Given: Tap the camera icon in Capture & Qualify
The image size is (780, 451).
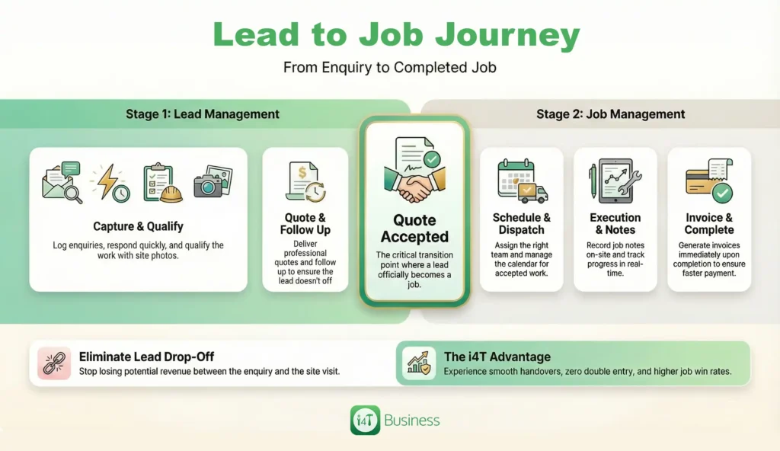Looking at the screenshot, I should [209, 182].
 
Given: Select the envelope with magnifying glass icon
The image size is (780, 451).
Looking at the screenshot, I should [62, 181].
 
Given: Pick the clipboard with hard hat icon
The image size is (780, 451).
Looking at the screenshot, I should [162, 182].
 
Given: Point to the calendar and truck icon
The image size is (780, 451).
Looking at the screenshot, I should [521, 181].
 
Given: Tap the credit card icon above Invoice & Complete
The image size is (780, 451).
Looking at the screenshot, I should [708, 181].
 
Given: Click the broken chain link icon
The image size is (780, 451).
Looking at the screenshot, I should [54, 363].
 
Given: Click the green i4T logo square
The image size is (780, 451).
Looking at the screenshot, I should [365, 421].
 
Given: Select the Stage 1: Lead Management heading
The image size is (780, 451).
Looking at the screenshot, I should [203, 114].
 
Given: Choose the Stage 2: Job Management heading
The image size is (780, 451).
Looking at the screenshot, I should [610, 114].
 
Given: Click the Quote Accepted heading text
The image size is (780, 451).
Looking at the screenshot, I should [414, 229].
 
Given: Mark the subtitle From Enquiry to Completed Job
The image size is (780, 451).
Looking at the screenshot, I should [389, 68].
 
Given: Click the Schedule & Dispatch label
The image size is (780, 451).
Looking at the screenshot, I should [521, 223].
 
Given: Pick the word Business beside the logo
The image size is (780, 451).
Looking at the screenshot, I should [411, 421].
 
